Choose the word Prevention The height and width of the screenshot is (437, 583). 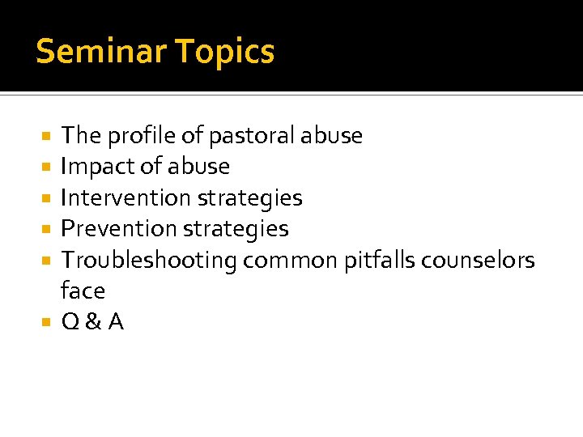pos(118,229)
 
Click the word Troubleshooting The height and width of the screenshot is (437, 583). pos(149,260)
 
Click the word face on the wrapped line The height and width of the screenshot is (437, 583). pos(83,291)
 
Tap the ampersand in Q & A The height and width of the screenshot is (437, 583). pos(93,322)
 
